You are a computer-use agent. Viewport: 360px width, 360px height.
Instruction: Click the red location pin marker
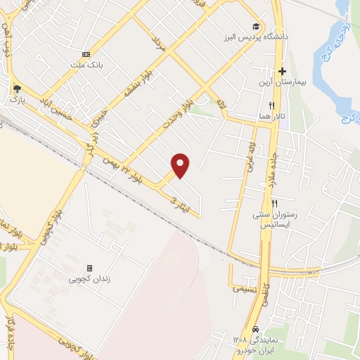pos(181,165)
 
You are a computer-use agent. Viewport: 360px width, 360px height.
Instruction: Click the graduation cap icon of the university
pos(262,25)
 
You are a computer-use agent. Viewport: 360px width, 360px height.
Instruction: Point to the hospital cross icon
pos(282,71)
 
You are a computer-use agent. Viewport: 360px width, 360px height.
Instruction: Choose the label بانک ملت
pos(86,65)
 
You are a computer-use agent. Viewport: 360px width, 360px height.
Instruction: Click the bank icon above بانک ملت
pos(86,54)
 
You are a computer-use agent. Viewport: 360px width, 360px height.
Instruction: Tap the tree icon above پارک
pos(16,89)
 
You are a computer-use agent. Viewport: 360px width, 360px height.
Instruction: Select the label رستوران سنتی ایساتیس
pos(271,219)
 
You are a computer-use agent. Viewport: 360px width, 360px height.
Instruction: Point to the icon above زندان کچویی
pos(89,268)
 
